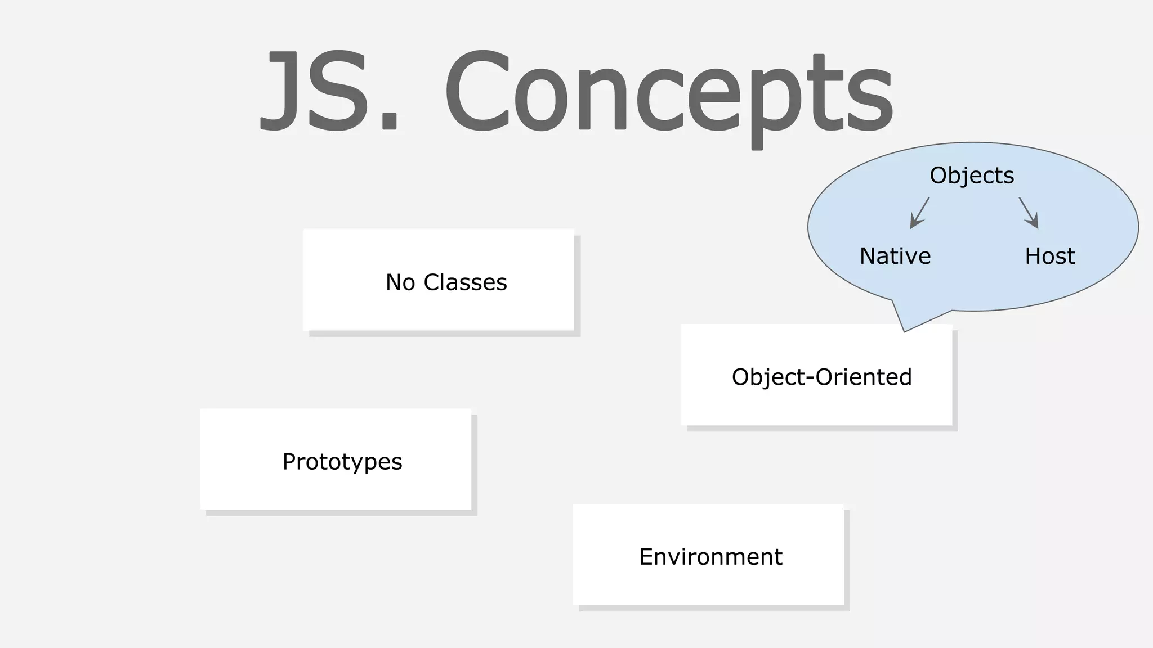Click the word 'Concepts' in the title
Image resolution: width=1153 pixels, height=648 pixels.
(668, 93)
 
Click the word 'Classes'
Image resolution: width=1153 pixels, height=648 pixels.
(465, 282)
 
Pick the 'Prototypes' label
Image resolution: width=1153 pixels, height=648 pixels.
(342, 462)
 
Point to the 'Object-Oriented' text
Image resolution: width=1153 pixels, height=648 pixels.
(821, 377)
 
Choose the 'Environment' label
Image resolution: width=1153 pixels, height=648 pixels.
(710, 557)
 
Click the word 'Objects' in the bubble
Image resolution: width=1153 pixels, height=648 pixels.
(972, 175)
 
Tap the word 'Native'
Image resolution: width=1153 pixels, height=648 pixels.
(895, 256)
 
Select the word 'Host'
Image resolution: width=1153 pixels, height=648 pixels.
(1050, 256)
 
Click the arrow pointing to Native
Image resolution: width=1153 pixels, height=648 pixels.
(919, 213)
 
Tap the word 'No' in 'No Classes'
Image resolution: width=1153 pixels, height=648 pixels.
(400, 282)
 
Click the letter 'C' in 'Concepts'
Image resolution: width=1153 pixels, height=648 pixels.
(477, 91)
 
